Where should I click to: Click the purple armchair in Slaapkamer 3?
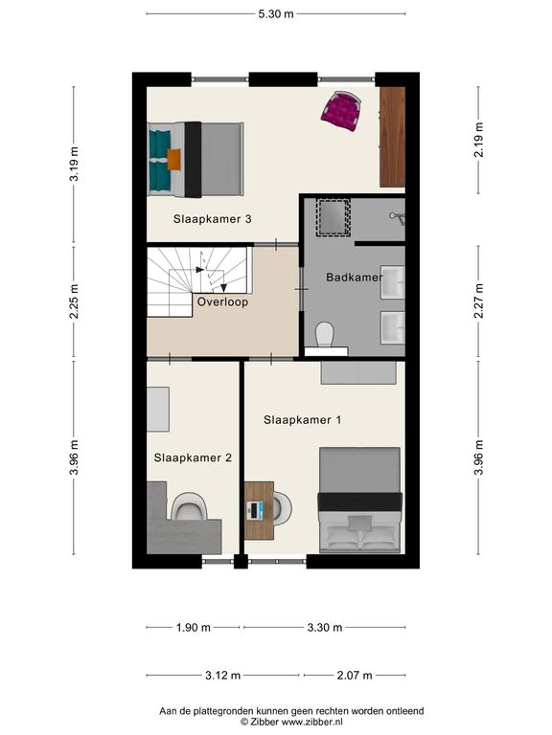341,111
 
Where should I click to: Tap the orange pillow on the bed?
173,159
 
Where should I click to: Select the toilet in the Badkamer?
324,334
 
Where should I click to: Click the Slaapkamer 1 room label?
302,420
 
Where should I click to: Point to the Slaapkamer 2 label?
193,458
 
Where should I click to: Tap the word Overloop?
222,301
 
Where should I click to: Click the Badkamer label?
355,277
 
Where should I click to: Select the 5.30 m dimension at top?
276,14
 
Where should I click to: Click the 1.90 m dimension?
194,627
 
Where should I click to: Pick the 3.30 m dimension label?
325,627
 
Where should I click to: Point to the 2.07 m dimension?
355,676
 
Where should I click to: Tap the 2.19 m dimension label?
478,140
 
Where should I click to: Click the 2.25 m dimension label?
74,301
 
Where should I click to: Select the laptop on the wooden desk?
255,510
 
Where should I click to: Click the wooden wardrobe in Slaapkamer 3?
392,137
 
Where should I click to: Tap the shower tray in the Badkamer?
333,216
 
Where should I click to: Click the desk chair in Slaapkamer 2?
189,506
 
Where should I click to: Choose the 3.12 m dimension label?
223,676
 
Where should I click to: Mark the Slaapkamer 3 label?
212,219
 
